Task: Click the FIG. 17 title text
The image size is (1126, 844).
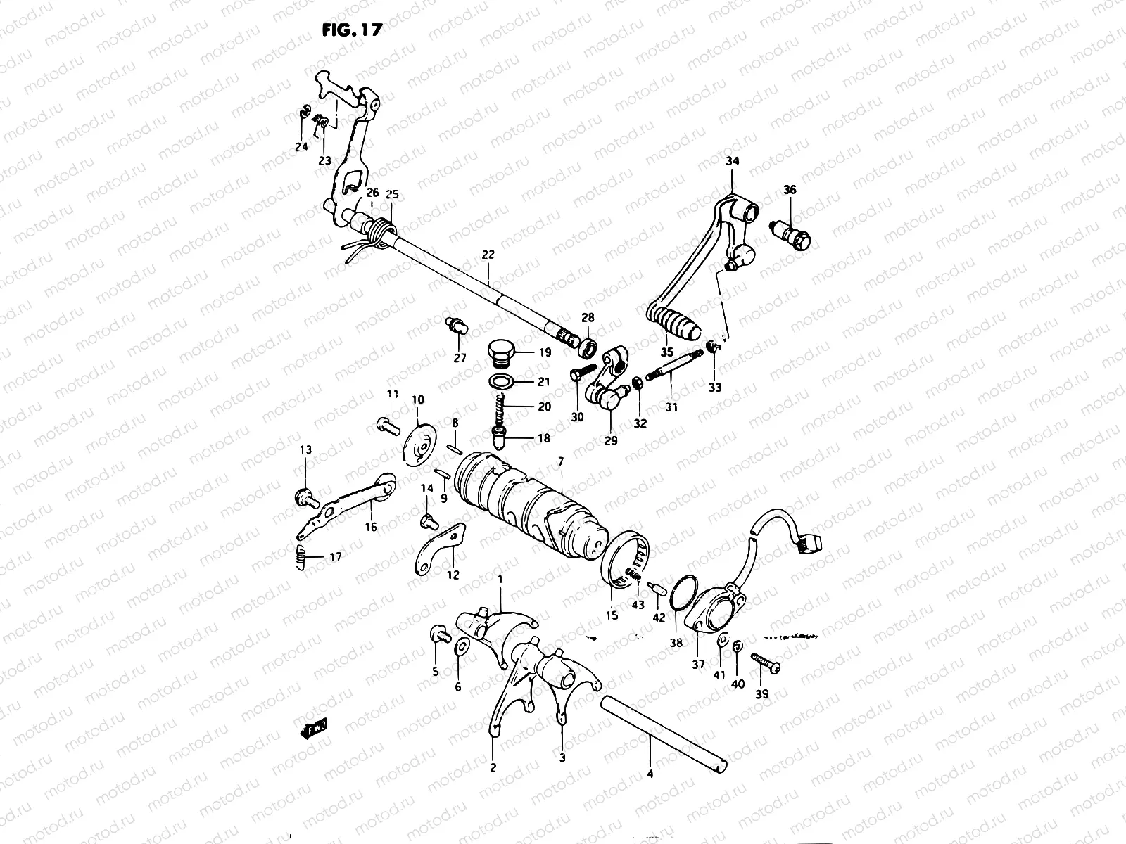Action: point(349,30)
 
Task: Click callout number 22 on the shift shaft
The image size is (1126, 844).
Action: point(488,256)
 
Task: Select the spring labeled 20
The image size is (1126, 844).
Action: point(500,407)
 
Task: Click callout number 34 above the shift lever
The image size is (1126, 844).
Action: point(733,162)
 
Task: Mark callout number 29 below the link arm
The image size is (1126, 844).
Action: point(610,440)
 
